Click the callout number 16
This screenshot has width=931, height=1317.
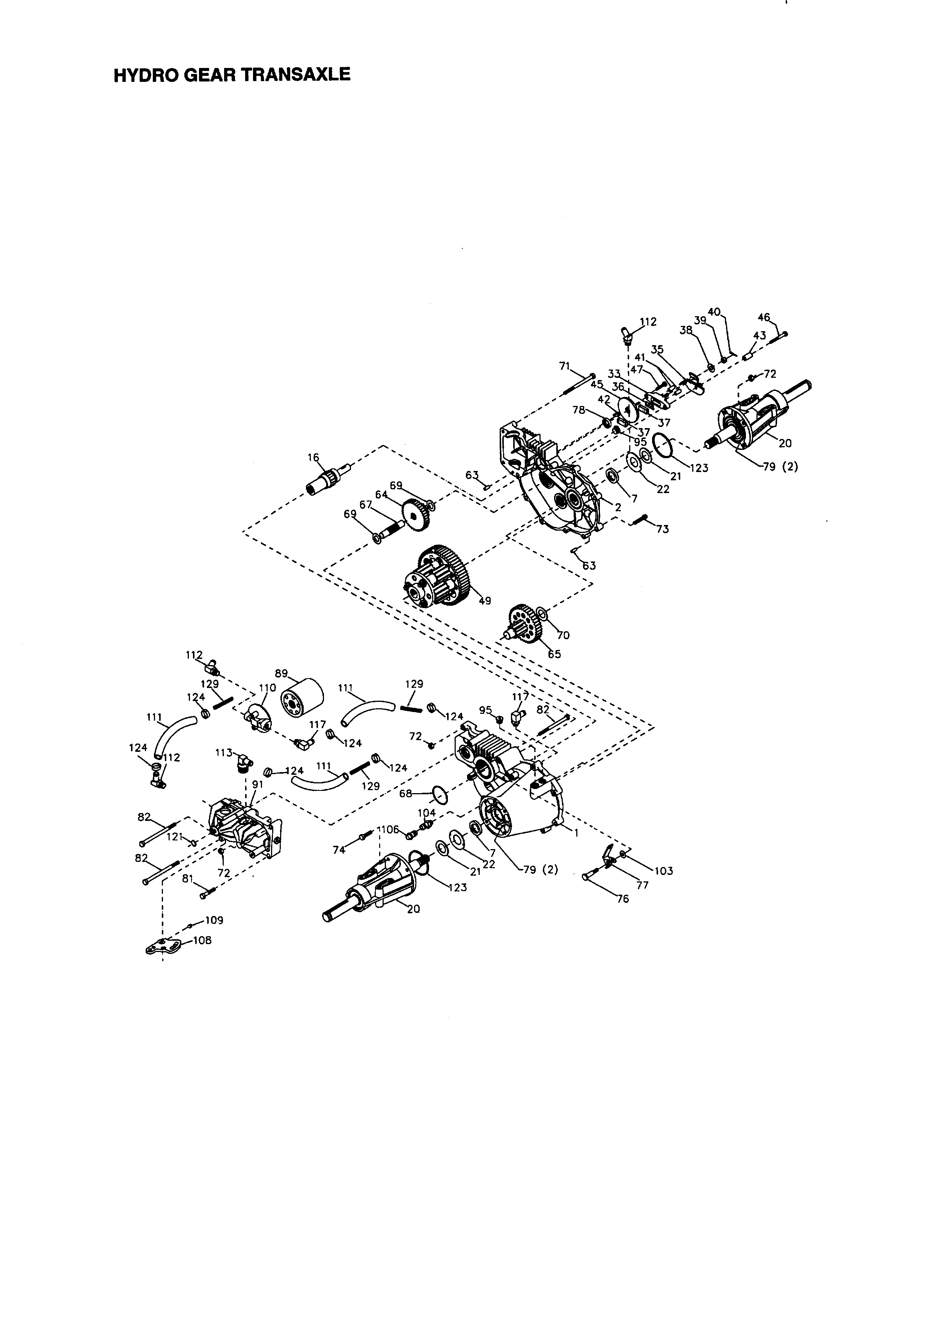pyautogui.click(x=313, y=457)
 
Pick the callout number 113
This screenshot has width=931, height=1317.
pyautogui.click(x=224, y=753)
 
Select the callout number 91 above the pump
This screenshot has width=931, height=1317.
pyautogui.click(x=258, y=783)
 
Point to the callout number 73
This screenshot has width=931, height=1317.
pyautogui.click(x=662, y=529)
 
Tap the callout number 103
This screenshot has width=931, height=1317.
pyautogui.click(x=663, y=871)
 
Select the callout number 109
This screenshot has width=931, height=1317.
pyautogui.click(x=214, y=920)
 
